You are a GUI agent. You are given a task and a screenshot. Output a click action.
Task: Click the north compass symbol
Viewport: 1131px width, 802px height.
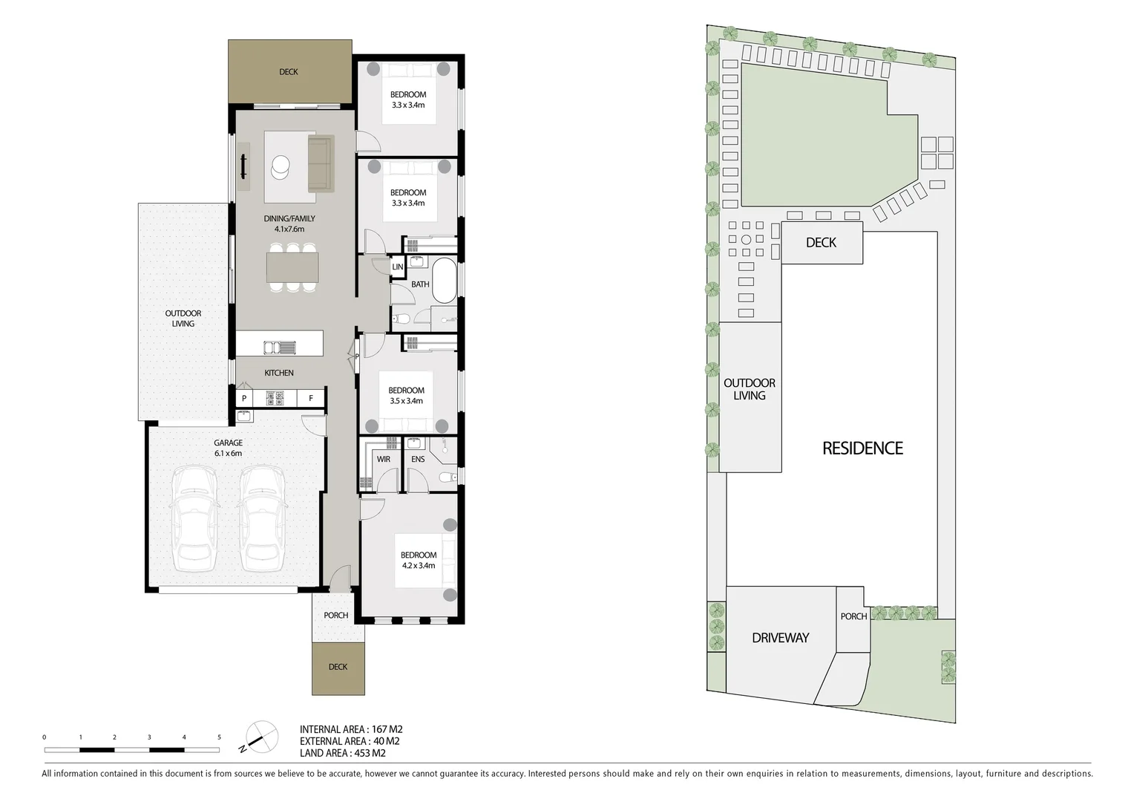pos(260,736)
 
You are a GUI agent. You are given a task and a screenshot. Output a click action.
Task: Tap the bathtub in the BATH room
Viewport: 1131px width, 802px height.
pos(444,280)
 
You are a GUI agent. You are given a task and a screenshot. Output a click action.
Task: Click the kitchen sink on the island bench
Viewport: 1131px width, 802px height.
pos(279,347)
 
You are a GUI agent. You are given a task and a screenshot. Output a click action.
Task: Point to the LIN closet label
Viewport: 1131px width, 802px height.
pos(398,267)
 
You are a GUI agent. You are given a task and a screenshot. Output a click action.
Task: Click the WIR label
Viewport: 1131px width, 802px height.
pos(384,459)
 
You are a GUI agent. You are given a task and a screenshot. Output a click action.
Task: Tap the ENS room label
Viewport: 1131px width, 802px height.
pos(418,459)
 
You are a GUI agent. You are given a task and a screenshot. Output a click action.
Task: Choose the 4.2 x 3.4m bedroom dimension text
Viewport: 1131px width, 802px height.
pos(419,566)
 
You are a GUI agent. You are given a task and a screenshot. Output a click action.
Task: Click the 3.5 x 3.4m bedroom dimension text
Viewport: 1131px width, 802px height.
pos(407,401)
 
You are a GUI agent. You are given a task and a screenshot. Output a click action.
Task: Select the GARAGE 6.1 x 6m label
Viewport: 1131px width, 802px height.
pos(228,448)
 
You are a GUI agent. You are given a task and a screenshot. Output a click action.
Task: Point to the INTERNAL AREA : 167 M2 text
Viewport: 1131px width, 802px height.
pos(351,729)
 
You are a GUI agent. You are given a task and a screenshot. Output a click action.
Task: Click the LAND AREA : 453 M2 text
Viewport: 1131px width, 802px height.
pos(342,753)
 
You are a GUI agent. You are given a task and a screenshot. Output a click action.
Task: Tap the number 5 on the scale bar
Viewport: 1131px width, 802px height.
pos(219,737)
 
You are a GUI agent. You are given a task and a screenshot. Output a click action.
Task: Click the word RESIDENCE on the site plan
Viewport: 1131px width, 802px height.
pos(862,449)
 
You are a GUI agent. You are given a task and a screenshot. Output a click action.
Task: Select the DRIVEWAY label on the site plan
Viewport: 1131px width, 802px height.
pos(780,638)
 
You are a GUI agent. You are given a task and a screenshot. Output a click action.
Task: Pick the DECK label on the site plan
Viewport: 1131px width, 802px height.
pos(821,243)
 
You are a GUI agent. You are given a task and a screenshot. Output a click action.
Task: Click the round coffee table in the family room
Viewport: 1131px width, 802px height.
pos(281,166)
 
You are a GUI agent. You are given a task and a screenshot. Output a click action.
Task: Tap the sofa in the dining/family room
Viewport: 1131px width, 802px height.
pos(320,163)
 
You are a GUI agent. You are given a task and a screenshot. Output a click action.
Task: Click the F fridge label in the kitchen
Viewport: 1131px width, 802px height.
pos(311,399)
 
